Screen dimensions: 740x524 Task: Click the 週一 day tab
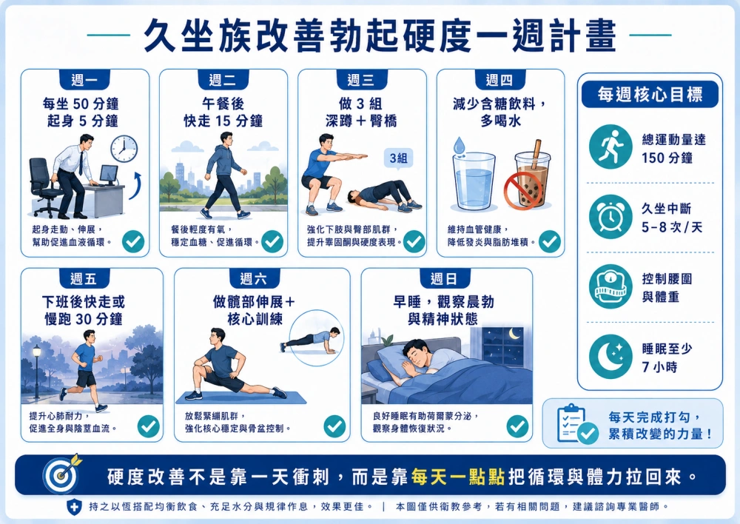pyautogui.click(x=84, y=80)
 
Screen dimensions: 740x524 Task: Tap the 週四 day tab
pyautogui.click(x=499, y=80)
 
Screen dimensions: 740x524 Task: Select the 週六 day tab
pyautogui.click(x=253, y=278)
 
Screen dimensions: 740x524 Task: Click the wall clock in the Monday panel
pyautogui.click(x=124, y=149)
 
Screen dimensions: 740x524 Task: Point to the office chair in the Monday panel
pyautogui.click(x=45, y=187)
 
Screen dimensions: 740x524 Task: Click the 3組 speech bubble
pyautogui.click(x=399, y=158)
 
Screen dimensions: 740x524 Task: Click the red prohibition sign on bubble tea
pyautogui.click(x=522, y=190)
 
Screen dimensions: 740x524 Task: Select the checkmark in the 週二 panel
pyautogui.click(x=272, y=242)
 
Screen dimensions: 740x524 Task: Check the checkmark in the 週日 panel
pyautogui.click(x=517, y=426)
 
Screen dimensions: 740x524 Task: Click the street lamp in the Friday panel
pyautogui.click(x=36, y=371)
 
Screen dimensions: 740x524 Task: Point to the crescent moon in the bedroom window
pyautogui.click(x=514, y=334)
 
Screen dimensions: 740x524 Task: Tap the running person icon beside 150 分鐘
pyautogui.click(x=610, y=147)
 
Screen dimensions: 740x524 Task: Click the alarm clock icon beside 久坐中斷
pyautogui.click(x=610, y=217)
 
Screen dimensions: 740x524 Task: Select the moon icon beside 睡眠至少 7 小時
pyautogui.click(x=610, y=357)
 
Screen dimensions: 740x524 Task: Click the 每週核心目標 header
pyautogui.click(x=650, y=95)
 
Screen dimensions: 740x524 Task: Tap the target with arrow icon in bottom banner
pyautogui.click(x=62, y=474)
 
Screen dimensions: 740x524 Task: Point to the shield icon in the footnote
pyautogui.click(x=73, y=506)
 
